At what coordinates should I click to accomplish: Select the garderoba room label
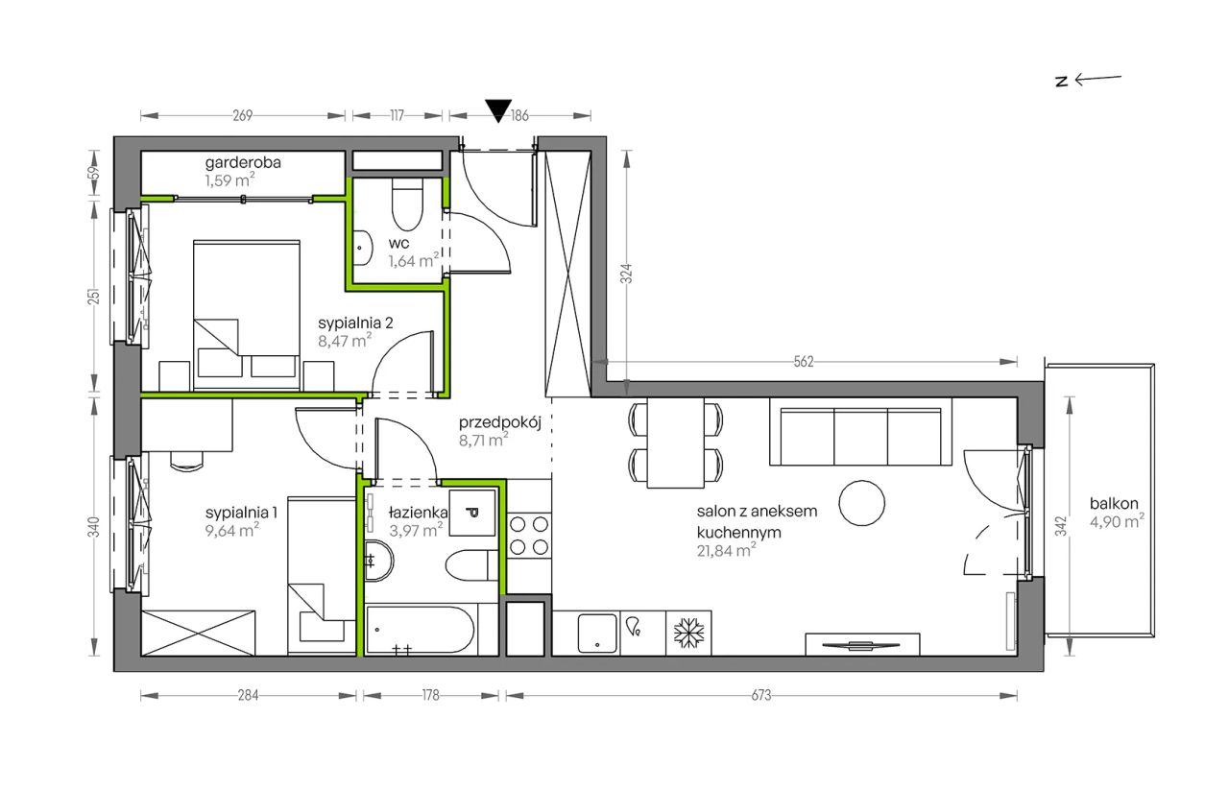coord(243,162)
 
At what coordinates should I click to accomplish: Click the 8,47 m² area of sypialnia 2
coord(345,341)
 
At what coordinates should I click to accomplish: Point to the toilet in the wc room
coord(407,204)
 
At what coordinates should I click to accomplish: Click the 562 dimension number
coord(804,362)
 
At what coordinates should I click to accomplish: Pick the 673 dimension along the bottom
coord(761,696)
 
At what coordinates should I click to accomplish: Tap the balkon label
coord(1114,503)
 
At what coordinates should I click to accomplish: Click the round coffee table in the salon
coord(861,503)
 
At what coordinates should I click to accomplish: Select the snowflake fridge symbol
coord(688,634)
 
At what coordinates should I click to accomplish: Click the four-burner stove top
coord(529,536)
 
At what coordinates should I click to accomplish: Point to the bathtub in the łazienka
coord(420,630)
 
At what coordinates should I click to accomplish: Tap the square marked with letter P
coord(472,513)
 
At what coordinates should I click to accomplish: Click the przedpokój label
coord(500,422)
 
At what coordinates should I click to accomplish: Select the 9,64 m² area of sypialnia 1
coord(232,531)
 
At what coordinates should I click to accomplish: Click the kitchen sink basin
coord(597,634)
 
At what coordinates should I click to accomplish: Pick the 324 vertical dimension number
coord(627,274)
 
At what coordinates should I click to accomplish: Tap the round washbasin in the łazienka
coord(378,561)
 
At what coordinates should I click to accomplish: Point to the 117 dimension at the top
coord(398,116)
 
